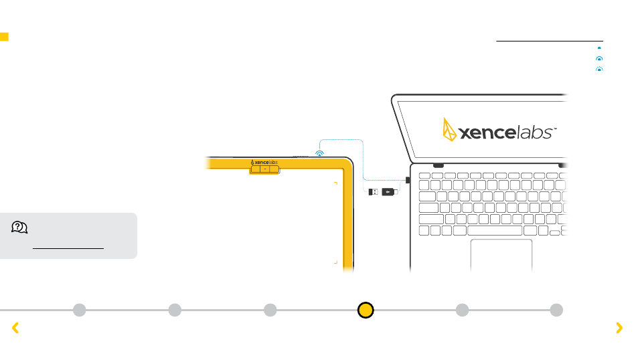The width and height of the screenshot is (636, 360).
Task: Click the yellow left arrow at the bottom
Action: coord(15,328)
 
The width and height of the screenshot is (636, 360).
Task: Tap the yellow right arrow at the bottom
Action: coord(619,328)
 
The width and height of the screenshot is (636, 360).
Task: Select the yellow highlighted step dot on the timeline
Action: coord(366,310)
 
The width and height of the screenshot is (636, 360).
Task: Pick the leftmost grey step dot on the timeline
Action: coord(80,310)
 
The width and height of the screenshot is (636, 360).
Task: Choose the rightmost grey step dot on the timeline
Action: coord(556,310)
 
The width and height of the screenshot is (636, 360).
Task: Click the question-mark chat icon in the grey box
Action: coord(19,228)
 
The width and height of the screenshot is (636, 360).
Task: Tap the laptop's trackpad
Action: coord(501,255)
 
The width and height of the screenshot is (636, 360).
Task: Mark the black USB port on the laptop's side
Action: coord(407,181)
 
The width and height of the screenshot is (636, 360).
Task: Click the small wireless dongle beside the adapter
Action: coord(374,192)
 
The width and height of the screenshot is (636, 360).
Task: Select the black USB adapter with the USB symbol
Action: coord(389,192)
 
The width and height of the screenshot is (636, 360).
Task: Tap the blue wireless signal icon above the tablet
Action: coord(320,153)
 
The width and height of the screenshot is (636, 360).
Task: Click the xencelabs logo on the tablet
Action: coord(264,162)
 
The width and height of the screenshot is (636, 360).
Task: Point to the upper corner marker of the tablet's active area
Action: coord(335,182)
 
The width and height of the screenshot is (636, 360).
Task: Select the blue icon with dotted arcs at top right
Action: coord(599,68)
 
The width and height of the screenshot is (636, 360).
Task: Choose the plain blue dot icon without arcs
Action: coord(599,48)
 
